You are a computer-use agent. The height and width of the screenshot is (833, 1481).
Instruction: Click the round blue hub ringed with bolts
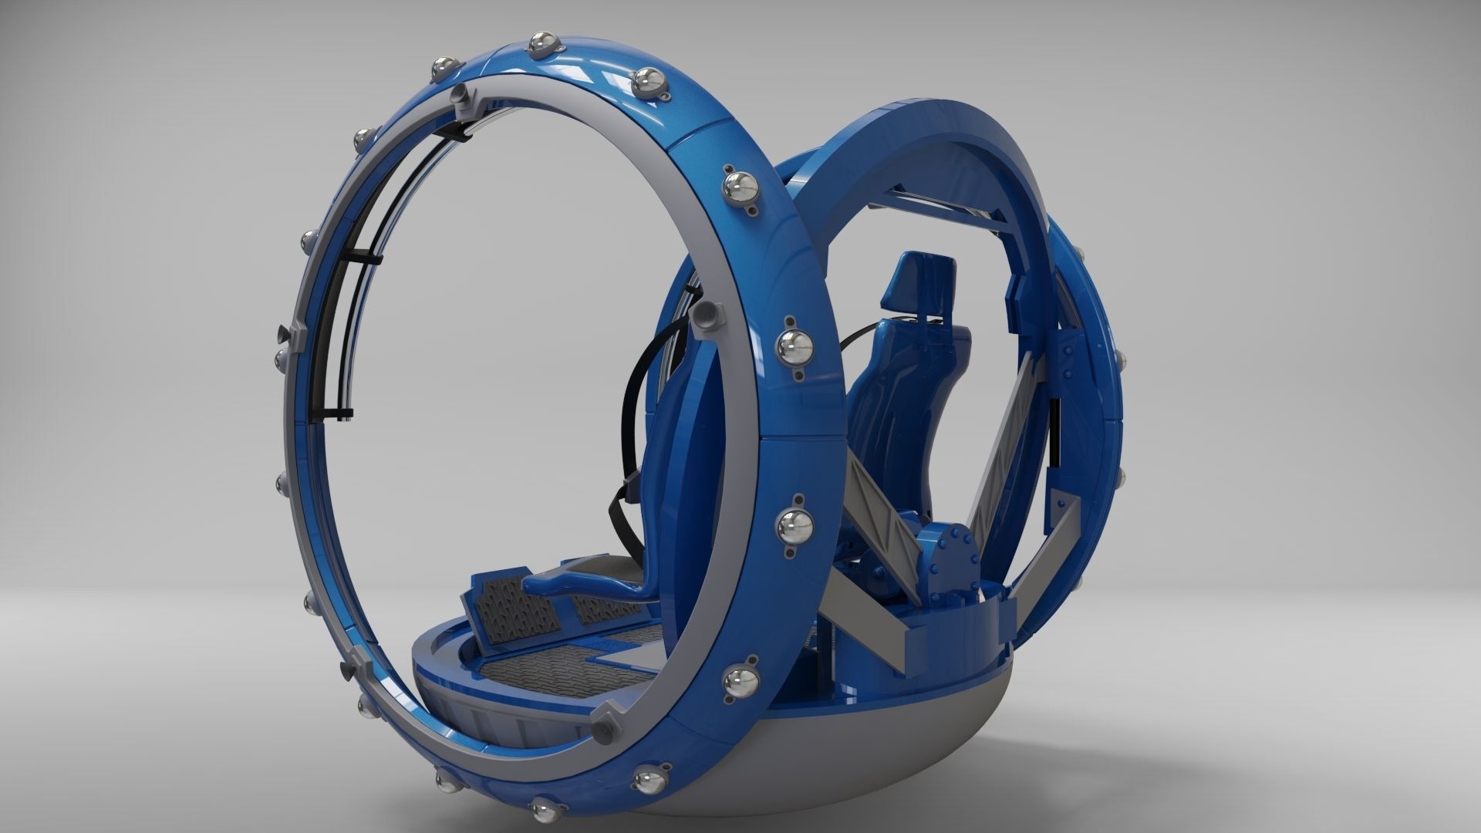tap(947, 548)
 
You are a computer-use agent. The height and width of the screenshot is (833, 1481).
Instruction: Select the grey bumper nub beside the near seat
tap(705, 315)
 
